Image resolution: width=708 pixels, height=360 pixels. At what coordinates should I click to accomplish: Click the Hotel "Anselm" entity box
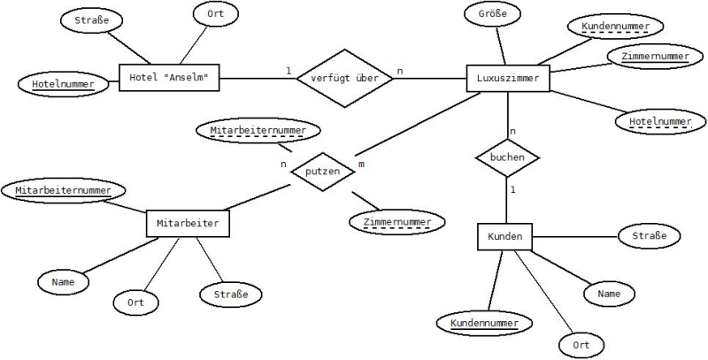[169, 78]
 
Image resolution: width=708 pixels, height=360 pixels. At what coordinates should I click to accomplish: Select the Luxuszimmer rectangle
[508, 79]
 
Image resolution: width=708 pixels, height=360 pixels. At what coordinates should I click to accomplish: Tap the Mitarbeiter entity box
[188, 223]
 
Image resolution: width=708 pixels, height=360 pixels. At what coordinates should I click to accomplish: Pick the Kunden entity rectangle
[504, 236]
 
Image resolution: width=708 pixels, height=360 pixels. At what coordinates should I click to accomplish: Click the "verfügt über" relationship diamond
[345, 79]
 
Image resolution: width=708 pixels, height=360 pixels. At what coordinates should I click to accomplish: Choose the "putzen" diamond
[322, 172]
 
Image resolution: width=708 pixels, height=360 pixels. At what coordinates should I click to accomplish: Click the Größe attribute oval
[492, 13]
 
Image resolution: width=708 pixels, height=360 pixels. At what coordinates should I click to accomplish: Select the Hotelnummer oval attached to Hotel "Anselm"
[63, 84]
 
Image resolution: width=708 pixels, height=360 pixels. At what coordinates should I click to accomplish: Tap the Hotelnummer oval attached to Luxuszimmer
[660, 122]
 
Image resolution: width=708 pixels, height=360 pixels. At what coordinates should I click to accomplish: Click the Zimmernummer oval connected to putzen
[397, 222]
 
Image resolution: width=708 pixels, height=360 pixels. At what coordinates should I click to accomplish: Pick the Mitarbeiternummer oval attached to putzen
[258, 131]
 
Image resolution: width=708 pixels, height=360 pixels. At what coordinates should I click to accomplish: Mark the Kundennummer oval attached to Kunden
[484, 324]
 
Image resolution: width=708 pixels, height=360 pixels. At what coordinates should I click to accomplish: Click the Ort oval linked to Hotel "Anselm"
[215, 14]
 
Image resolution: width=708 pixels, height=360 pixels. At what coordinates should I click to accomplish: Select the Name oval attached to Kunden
[609, 295]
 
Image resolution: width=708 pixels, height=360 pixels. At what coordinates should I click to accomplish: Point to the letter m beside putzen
[361, 165]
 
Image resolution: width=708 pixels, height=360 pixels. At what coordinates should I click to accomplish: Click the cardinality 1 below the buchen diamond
[513, 190]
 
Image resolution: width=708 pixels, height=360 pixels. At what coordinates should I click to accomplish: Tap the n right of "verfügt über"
[400, 71]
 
